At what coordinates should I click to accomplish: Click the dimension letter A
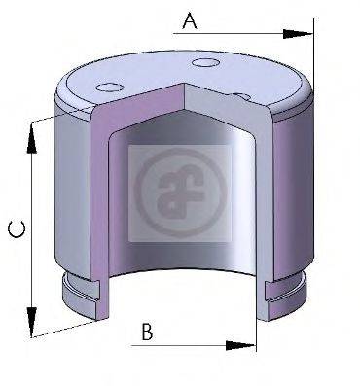tap(190, 19)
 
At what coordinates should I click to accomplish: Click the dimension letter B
tap(146, 331)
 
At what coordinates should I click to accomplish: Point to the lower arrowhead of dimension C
tap(33, 321)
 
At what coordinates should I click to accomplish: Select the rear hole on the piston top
tap(205, 64)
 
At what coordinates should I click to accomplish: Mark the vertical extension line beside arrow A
tap(313, 58)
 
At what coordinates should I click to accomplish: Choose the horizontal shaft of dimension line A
tap(234, 34)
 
